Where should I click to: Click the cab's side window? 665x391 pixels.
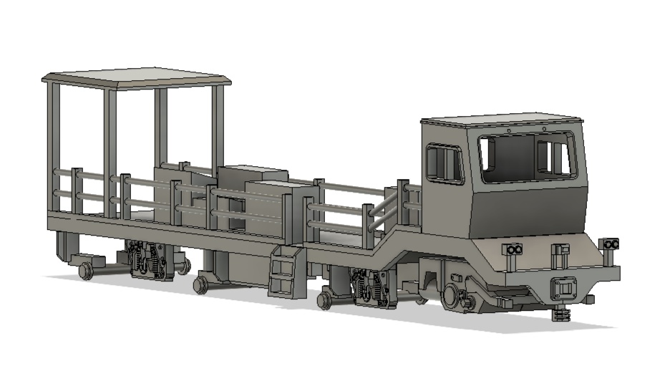(x=444, y=163)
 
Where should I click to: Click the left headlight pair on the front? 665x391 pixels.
(x=512, y=249)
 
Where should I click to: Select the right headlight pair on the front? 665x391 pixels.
(x=610, y=244)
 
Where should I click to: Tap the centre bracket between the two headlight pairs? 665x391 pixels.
(x=560, y=250)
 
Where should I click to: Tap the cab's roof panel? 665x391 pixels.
(x=501, y=118)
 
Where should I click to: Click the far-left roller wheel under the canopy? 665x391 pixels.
(x=85, y=271)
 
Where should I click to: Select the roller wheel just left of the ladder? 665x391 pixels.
(x=200, y=284)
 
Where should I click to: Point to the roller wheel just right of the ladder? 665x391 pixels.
(x=324, y=299)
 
